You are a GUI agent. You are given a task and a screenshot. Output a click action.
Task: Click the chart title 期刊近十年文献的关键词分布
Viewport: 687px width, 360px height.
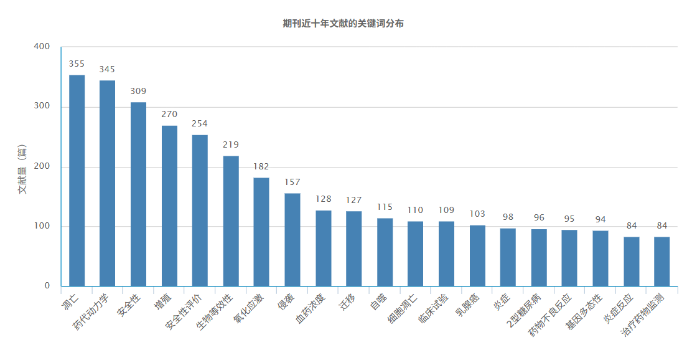click(343, 24)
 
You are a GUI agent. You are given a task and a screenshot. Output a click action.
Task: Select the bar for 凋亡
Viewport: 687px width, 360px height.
click(77, 181)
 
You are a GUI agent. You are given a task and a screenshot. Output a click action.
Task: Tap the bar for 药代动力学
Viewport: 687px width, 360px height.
click(107, 184)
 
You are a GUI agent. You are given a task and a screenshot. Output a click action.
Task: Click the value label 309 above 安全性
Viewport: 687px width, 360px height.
click(138, 91)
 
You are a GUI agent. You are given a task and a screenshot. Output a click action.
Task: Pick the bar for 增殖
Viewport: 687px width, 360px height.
click(169, 206)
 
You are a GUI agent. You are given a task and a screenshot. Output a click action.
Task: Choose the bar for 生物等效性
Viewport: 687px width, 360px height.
click(231, 221)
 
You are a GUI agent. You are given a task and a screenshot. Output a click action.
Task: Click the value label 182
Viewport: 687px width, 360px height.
click(261, 167)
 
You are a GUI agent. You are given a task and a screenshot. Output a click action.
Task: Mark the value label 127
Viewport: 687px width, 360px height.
click(354, 200)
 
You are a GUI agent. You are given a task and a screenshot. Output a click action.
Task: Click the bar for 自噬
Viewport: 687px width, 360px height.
click(385, 252)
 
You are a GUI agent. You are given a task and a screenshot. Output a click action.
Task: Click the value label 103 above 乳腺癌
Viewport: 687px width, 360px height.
click(477, 214)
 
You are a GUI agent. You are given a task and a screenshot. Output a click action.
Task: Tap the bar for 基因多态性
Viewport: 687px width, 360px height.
click(601, 258)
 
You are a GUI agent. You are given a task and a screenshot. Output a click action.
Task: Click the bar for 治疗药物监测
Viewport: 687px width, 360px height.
click(661, 262)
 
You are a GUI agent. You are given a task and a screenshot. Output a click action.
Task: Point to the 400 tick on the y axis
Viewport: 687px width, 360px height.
click(42, 47)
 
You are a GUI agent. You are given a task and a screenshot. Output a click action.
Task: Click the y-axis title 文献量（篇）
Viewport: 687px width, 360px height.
click(23, 167)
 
